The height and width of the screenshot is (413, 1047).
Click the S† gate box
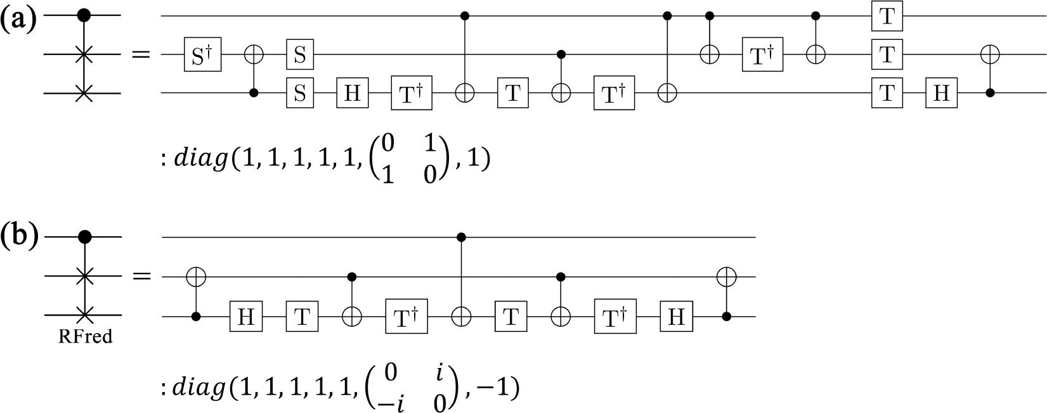pyautogui.click(x=203, y=54)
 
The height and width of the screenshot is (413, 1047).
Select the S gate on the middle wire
pyautogui.click(x=299, y=54)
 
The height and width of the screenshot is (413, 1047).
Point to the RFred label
pyautogui.click(x=85, y=336)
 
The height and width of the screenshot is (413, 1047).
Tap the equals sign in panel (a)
pyautogui.click(x=141, y=54)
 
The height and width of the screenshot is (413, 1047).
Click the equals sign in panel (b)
pyautogui.click(x=141, y=276)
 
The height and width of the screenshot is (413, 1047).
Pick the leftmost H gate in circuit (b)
pyautogui.click(x=246, y=315)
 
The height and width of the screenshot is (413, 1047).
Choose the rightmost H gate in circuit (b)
pyautogui.click(x=676, y=315)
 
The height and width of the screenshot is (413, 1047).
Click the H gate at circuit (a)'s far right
pyautogui.click(x=942, y=93)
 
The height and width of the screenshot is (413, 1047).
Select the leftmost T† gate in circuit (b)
pyautogui.click(x=406, y=315)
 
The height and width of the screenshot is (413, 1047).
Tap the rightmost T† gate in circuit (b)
pyautogui.click(x=614, y=315)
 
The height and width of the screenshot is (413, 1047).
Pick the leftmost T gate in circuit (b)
pyautogui.click(x=302, y=315)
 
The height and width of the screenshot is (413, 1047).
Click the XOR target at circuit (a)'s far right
pyautogui.click(x=990, y=54)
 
